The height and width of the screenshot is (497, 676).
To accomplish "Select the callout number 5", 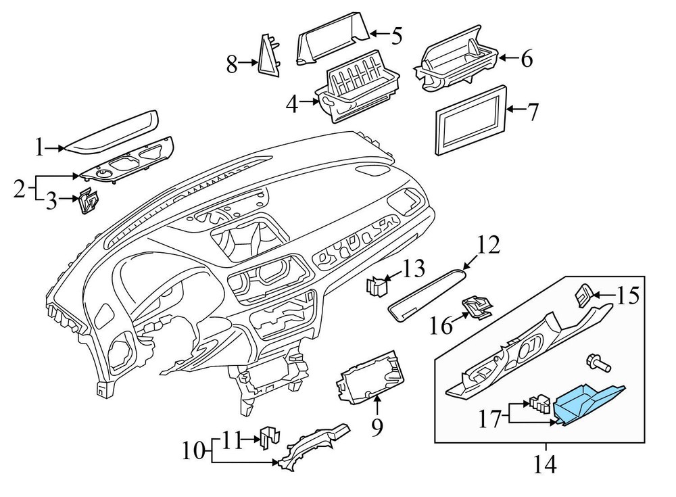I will point(395,34).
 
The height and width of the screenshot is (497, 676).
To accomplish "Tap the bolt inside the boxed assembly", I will point(596,363).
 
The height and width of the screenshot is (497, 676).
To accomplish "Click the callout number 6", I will point(525,59).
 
